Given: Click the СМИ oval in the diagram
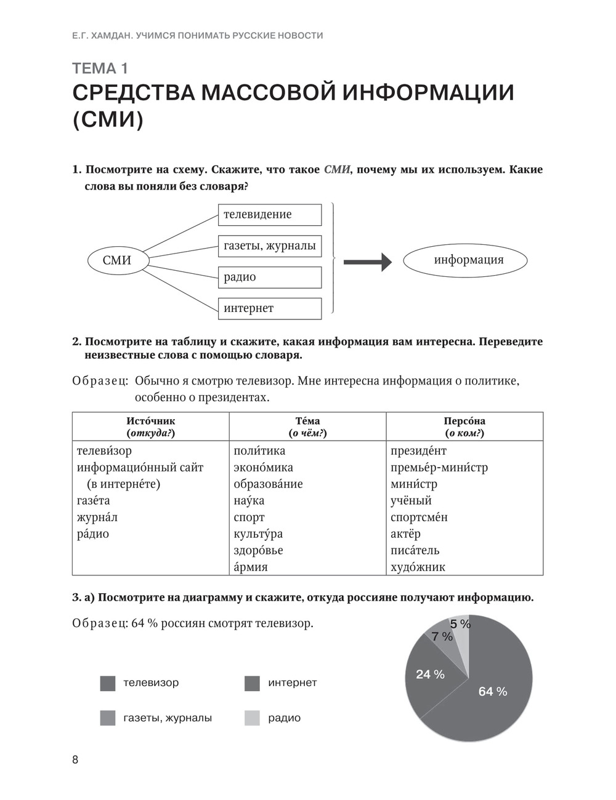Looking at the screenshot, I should click(118, 260).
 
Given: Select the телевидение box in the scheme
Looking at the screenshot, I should click(270, 215).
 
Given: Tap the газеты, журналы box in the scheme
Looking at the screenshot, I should click(270, 246).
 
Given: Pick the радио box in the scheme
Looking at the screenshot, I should click(270, 278).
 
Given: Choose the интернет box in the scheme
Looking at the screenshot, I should click(270, 308).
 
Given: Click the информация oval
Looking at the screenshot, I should click(465, 260).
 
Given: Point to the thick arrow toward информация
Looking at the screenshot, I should click(367, 262).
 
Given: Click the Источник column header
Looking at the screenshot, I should click(151, 427).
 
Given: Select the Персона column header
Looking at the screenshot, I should click(464, 427).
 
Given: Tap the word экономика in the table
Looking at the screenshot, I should click(263, 468).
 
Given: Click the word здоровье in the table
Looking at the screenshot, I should click(258, 551).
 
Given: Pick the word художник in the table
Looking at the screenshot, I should click(418, 567).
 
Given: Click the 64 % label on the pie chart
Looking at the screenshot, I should click(493, 692).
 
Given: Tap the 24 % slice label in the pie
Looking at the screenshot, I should click(430, 674).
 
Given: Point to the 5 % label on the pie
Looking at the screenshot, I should click(460, 625).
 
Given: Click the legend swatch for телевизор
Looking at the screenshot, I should click(108, 683).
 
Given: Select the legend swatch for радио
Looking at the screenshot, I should click(252, 718).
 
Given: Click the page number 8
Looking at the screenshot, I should click(75, 759).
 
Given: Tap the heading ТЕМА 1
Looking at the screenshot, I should click(100, 68).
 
